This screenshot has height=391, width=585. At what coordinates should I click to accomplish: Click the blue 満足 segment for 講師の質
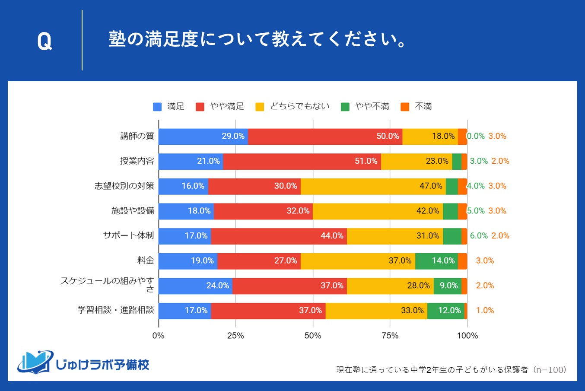click(x=203, y=136)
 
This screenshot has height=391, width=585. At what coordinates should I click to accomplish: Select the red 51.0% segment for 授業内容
click(x=302, y=161)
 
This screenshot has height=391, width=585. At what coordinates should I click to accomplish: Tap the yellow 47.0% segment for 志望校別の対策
click(x=373, y=186)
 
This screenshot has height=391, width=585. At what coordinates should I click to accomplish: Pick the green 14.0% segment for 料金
click(x=436, y=261)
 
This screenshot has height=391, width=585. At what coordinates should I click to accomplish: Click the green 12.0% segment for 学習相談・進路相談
click(x=445, y=311)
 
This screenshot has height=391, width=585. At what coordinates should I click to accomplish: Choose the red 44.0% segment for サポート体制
click(x=279, y=236)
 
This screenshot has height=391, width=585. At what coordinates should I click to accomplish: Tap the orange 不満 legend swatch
click(x=405, y=107)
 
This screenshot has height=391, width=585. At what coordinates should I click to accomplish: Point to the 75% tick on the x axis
click(x=390, y=336)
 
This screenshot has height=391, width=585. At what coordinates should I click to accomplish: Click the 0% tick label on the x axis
click(x=159, y=336)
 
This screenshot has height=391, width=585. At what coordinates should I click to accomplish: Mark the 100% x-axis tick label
click(x=467, y=336)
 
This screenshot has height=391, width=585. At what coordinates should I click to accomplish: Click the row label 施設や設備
click(x=133, y=211)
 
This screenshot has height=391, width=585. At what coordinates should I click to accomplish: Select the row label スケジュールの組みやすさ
click(x=107, y=285)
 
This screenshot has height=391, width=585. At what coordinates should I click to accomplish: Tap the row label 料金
click(x=145, y=261)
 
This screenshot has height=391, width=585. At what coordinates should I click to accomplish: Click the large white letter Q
click(x=45, y=42)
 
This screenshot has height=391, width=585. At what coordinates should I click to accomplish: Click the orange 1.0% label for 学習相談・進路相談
click(x=485, y=311)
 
